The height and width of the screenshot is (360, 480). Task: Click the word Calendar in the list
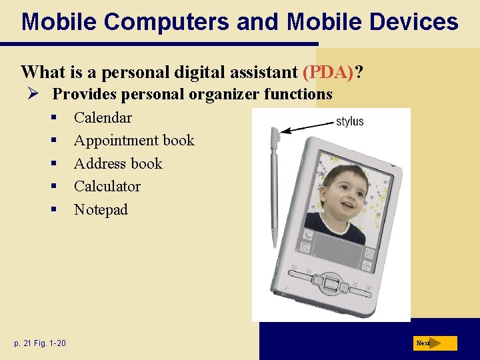point(103,118)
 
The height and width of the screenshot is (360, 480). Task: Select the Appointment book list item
point(134,141)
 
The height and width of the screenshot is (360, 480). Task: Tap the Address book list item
point(118,164)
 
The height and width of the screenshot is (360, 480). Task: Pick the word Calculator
point(107,187)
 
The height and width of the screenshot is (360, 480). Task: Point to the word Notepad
point(101,210)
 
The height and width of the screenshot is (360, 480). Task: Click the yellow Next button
point(435,343)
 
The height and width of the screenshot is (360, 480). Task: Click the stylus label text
point(349,121)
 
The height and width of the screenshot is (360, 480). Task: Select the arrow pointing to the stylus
point(306,127)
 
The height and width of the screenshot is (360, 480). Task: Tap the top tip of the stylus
point(275,131)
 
